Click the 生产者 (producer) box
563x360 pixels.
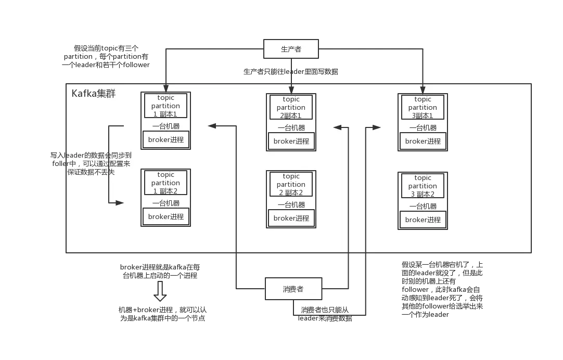tap(291, 49)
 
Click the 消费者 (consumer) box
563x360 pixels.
tap(293, 289)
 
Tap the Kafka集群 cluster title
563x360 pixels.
tap(94, 94)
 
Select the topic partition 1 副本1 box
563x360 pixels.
tap(165, 106)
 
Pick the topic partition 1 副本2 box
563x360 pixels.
tap(165, 183)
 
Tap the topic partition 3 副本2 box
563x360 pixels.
tap(423, 186)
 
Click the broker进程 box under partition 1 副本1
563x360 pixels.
tap(166, 139)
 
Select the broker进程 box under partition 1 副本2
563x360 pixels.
tap(166, 216)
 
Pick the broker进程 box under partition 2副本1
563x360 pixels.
tap(291, 141)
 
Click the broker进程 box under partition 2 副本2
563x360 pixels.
tap(291, 218)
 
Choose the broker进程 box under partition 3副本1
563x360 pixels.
tap(423, 141)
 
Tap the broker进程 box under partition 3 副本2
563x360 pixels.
tap(423, 220)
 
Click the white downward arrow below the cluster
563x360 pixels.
tap(160, 291)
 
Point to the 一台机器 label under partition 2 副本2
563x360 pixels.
tap(291, 204)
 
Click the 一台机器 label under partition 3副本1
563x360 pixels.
tap(423, 127)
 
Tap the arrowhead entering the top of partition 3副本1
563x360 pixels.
tap(423, 89)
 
